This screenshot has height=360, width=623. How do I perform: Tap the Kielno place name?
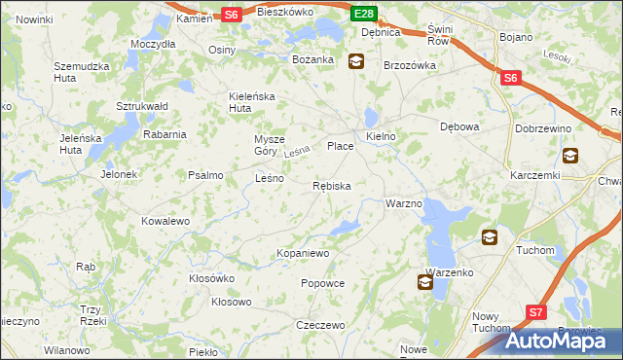(381, 137)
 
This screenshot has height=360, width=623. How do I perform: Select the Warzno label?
(403, 203)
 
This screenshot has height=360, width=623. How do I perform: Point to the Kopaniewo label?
(304, 253)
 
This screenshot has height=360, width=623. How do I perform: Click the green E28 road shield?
(364, 14)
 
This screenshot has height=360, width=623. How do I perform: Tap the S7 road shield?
(537, 312)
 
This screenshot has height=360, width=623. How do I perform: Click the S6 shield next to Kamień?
(231, 14)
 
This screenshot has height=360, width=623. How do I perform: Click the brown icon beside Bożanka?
(356, 60)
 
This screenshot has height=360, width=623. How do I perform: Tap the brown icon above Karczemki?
(569, 154)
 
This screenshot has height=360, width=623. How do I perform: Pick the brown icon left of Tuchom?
(489, 236)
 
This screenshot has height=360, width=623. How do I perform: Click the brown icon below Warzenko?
(425, 282)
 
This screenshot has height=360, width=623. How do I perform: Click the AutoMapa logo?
(562, 340)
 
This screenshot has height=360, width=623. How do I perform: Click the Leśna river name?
(297, 153)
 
